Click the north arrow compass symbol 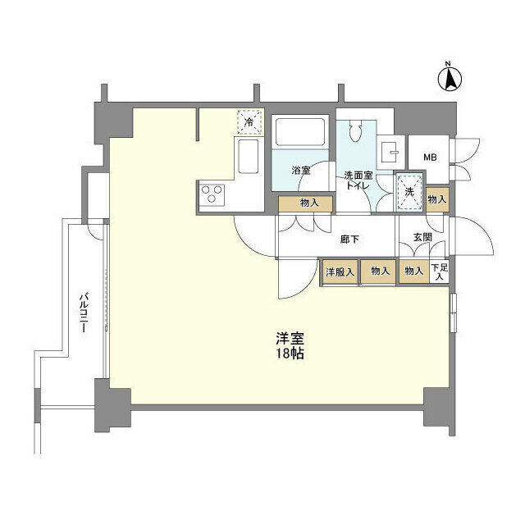[x=450, y=78]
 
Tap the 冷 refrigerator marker [x=250, y=122]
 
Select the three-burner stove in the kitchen [x=212, y=195]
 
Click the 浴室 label [x=301, y=171]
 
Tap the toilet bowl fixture [x=356, y=131]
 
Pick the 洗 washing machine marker [x=408, y=190]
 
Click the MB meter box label [x=429, y=158]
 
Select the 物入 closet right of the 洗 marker [x=437, y=199]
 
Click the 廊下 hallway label [x=350, y=240]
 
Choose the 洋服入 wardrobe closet [x=340, y=272]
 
